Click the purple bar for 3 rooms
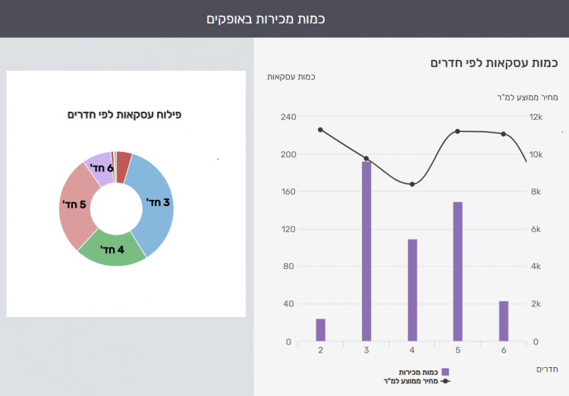pos(366,251)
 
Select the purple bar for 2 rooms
pos(320,330)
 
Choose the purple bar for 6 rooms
pos(503,322)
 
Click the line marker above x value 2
pos(320,130)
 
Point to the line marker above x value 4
pos(412,184)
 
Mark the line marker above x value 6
pos(503,134)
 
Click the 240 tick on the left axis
pos(287,117)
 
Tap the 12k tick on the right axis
pos(536,117)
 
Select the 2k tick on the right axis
pos(536,304)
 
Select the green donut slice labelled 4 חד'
pos(112,248)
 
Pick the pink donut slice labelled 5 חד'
pos(76,205)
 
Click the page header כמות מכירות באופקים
pos(266,18)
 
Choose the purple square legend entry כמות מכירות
pos(445,372)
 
